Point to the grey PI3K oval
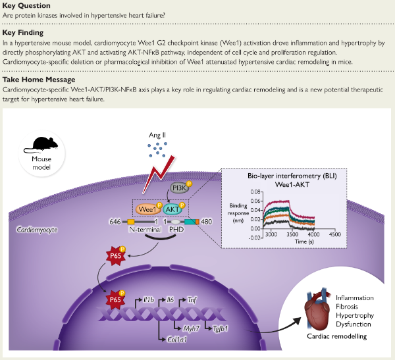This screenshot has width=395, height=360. click(178, 188)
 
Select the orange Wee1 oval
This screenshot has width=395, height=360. click(148, 209)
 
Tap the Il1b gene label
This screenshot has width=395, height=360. click(149, 299)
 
